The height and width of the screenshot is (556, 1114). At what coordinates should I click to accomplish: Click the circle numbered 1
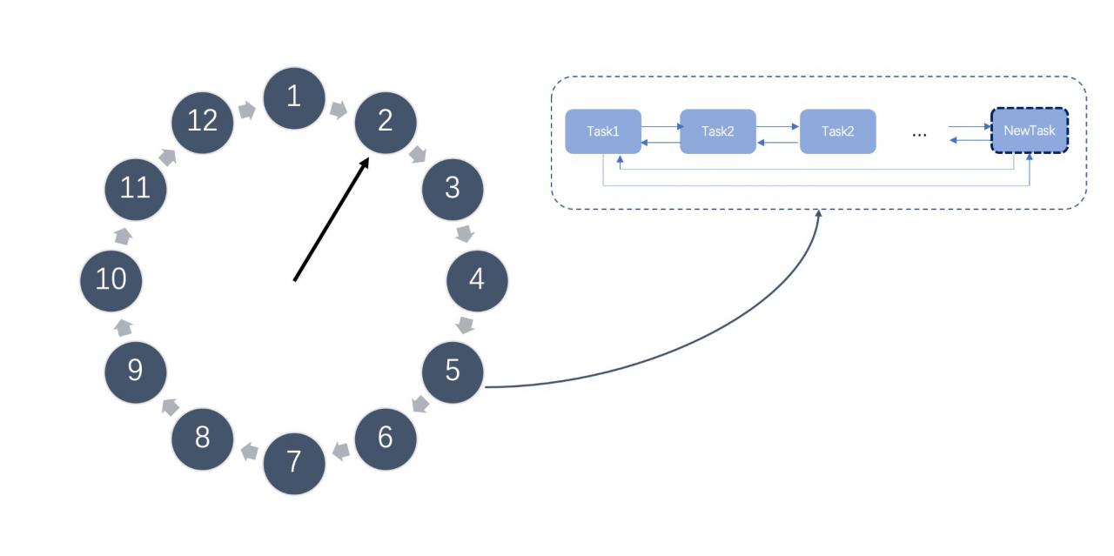294,98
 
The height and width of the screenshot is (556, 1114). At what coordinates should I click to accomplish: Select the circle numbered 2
386,123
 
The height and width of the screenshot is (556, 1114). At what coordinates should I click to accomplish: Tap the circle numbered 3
453,190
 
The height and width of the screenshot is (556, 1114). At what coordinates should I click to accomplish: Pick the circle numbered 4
477,281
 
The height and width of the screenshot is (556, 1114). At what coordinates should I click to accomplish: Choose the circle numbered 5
453,372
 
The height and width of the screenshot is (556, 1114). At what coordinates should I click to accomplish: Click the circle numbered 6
386,439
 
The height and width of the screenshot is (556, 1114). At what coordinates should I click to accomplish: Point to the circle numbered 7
294,464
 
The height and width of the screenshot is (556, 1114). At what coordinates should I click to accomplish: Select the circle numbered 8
203,439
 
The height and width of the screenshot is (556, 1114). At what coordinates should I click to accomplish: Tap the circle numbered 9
135,372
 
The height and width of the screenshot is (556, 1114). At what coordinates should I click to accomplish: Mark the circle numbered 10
111,281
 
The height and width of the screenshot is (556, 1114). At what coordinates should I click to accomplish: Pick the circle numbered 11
135,190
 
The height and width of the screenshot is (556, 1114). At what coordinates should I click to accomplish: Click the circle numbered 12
203,123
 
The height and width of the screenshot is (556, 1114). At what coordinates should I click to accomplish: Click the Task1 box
603,131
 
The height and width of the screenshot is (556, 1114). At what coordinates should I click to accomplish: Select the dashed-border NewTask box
1030,131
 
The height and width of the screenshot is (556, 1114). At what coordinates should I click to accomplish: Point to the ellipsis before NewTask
920,135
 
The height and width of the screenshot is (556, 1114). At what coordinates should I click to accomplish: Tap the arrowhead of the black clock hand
366,162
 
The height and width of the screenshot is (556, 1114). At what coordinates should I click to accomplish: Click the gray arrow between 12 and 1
247,110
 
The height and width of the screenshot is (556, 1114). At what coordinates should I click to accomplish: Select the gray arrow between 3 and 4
465,234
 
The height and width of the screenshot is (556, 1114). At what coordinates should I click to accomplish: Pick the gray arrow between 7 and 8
249,452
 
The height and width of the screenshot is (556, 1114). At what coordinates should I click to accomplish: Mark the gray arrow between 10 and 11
124,236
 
